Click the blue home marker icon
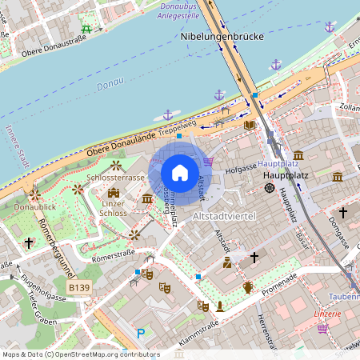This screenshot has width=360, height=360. pos(179,172)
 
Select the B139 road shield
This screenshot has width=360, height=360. pos(78,287)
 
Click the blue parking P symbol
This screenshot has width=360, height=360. pos(141,334)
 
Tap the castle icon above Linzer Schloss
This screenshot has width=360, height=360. pos(114,192)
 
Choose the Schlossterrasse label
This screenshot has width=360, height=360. pos(116,178)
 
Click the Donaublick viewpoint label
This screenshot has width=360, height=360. pos(35,206)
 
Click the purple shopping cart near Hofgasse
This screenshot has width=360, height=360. pos(209,162)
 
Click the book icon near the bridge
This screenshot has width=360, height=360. pos(250,125)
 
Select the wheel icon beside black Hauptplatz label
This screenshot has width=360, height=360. pos(269,188)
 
